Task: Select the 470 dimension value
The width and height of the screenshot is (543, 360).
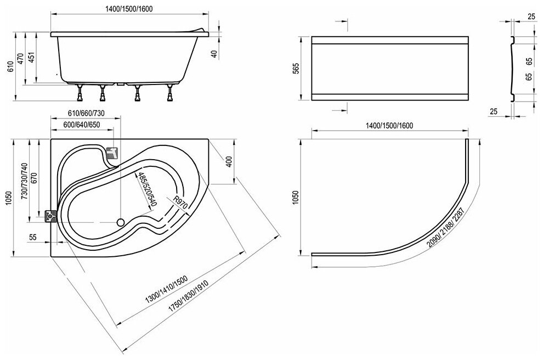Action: pyautogui.click(x=21, y=59)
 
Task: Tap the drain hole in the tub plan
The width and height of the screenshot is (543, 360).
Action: pyautogui.click(x=120, y=223)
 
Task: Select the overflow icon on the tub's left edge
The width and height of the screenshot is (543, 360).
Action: pyautogui.click(x=52, y=216)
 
